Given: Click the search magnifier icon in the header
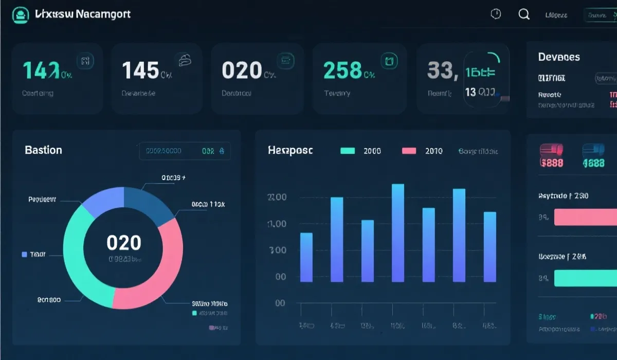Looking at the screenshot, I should pos(524,14).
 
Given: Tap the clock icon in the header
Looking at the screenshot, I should pos(496,14).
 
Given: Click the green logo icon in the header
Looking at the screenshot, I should pos(21,15).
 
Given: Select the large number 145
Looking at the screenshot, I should pos(140,70).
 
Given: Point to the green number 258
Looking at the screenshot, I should pos(343,70).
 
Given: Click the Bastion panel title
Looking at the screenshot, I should pos(43,150).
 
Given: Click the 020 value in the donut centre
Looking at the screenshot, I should pos(123,243).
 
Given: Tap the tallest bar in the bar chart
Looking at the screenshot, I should pos(398,232).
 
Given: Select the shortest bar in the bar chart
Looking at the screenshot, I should pos(306,257).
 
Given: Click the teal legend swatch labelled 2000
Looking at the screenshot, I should pos(348,151).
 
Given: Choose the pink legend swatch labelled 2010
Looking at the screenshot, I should pos(409,151).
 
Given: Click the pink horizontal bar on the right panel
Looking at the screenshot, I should pos(585,217).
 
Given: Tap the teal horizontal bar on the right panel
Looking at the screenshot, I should pos(585,278).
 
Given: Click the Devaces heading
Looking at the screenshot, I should pos(559,57).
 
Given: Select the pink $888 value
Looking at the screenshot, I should pos(552,163).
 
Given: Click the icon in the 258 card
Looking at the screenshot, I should pos(389,61).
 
